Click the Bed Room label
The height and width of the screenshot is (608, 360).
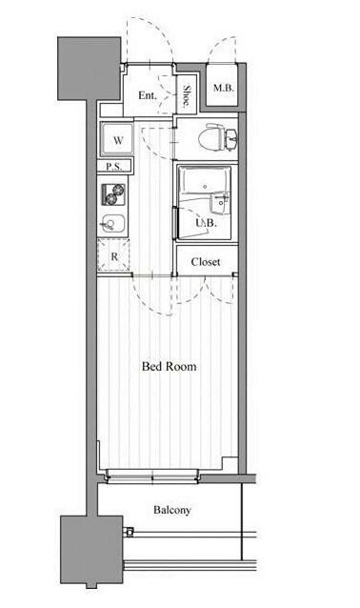point(169,367)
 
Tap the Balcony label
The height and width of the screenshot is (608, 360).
point(172,510)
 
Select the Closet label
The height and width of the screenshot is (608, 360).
point(206,262)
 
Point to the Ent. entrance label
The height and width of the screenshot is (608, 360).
point(148,95)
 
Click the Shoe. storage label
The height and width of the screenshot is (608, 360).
point(187,96)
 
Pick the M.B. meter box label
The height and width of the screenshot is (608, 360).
point(224,88)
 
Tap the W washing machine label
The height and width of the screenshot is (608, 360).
point(118,140)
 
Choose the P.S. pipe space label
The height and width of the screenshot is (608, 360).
point(114,167)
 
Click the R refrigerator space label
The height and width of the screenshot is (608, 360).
point(114,256)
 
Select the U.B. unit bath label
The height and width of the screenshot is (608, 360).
point(206,223)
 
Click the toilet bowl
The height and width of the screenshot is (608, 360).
point(211,137)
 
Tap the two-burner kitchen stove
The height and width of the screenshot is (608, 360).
point(113,194)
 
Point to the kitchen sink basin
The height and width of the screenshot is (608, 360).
point(112,224)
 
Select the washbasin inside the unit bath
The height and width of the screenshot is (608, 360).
point(219,203)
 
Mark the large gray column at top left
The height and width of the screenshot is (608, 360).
point(90,69)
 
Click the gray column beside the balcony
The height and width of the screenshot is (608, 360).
point(91,550)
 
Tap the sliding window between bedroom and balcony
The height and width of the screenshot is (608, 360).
point(152,476)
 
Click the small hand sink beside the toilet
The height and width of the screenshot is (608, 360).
point(232,138)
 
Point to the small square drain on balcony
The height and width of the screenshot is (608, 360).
point(130,532)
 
